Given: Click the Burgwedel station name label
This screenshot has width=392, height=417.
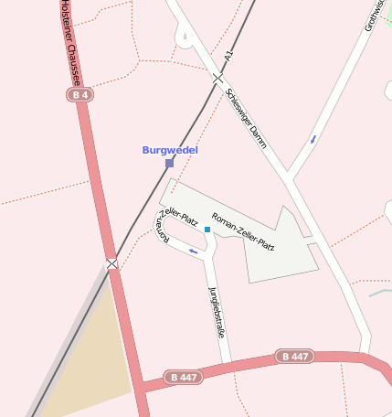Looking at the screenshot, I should click(x=170, y=150).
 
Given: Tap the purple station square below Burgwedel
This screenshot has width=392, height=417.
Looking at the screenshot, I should click(x=169, y=164).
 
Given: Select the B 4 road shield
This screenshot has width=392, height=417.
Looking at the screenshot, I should click(x=79, y=94).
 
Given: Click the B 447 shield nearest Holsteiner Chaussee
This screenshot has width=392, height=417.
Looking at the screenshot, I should click(x=184, y=377).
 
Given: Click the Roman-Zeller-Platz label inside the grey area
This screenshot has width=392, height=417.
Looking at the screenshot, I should click(x=243, y=232).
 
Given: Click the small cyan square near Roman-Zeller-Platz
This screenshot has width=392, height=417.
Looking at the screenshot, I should click(x=207, y=230).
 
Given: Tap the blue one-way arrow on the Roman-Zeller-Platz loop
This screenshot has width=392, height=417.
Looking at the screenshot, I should click(x=193, y=250).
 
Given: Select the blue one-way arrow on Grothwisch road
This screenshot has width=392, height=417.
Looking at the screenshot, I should click(x=314, y=139).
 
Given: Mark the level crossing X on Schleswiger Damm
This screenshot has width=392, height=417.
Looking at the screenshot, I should click(x=217, y=79).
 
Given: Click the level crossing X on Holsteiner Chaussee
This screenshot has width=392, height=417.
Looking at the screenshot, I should click(x=112, y=264).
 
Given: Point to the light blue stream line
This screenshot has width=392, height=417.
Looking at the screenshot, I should click(x=380, y=293).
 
